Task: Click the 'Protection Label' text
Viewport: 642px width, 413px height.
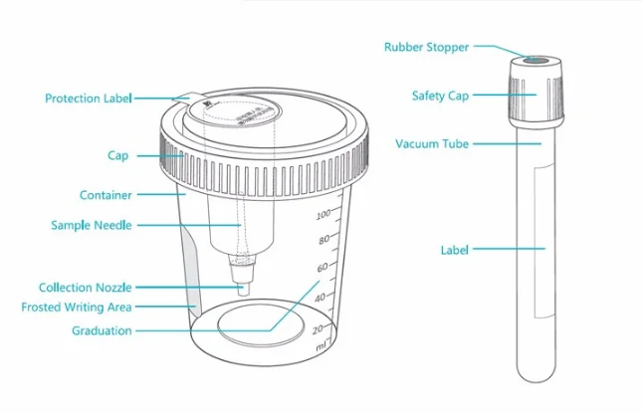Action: [89, 99]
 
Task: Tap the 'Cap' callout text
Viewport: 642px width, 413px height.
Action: [117, 156]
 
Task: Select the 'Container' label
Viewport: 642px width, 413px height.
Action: [106, 195]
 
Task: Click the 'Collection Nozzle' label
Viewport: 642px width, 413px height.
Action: [85, 288]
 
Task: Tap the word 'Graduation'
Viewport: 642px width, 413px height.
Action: [102, 330]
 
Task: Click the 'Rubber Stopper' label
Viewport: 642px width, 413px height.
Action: [426, 47]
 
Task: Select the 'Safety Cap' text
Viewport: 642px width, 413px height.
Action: [440, 96]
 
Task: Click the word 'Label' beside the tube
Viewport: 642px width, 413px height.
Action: [454, 250]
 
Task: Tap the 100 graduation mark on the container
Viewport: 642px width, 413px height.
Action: [322, 215]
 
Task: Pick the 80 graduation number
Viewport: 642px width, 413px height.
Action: [322, 241]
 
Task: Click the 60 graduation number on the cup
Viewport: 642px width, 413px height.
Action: [321, 269]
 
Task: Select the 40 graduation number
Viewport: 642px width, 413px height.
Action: [320, 298]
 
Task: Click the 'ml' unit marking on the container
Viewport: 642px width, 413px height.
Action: [321, 347]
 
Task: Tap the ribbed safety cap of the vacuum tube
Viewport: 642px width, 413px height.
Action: [536, 95]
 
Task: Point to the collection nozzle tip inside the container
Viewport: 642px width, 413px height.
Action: [243, 284]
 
